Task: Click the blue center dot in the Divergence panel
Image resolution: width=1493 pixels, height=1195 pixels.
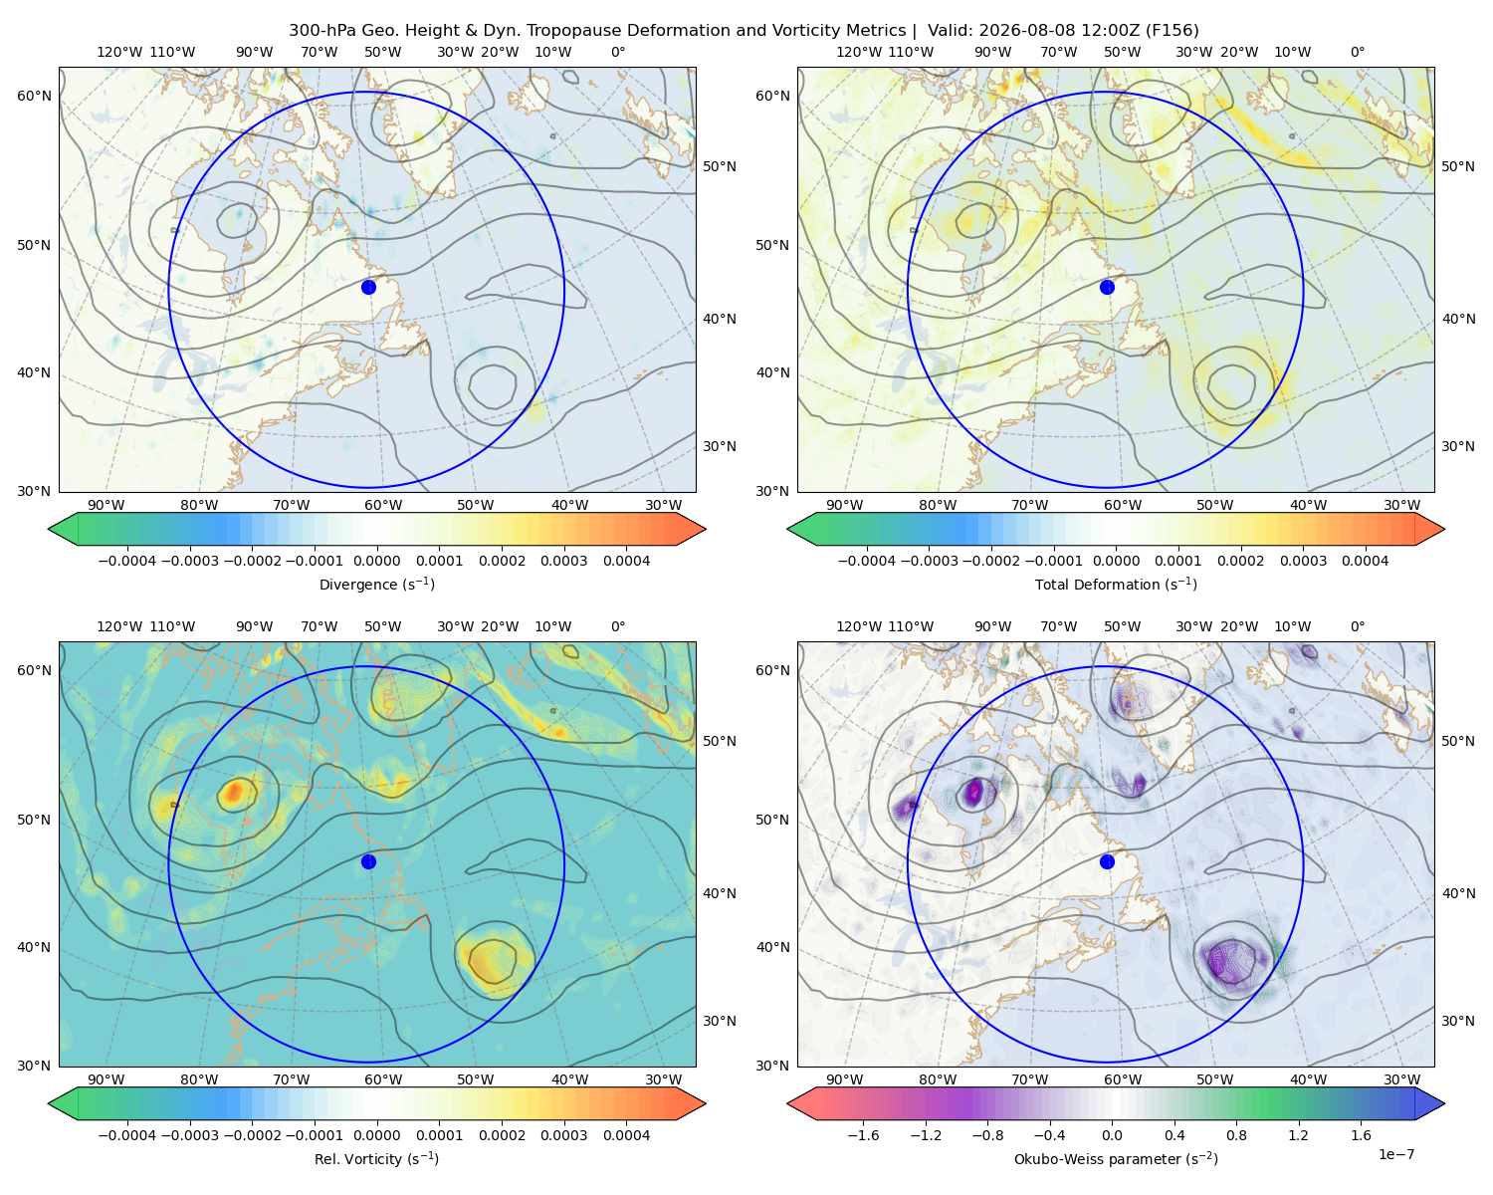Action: pyautogui.click(x=368, y=287)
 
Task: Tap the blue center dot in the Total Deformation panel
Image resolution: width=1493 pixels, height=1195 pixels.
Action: pyautogui.click(x=1107, y=287)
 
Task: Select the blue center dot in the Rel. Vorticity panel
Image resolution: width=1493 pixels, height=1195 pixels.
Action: pyautogui.click(x=368, y=861)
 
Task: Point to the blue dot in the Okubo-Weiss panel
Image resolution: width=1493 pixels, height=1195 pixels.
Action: pyautogui.click(x=1107, y=861)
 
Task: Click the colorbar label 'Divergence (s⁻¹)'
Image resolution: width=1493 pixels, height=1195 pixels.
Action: pyautogui.click(x=376, y=584)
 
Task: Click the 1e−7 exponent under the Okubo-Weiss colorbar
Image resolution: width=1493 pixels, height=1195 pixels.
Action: pyautogui.click(x=1395, y=1154)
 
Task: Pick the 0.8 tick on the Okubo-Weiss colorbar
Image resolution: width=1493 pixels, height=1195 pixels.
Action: pyautogui.click(x=1236, y=1135)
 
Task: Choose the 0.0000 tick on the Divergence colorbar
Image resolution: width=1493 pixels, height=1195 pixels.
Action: pyautogui.click(x=376, y=561)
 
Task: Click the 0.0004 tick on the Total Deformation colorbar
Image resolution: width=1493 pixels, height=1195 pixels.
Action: pyautogui.click(x=1366, y=561)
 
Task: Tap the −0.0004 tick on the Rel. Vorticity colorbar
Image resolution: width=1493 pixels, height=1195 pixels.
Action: pyautogui.click(x=127, y=1135)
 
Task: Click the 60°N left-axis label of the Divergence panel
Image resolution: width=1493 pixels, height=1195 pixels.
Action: pyautogui.click(x=34, y=96)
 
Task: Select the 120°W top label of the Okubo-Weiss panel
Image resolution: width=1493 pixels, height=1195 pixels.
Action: pyautogui.click(x=858, y=626)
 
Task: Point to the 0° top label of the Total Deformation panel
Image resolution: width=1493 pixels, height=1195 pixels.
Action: pyautogui.click(x=1357, y=52)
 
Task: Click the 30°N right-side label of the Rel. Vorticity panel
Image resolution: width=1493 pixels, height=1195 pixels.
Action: pyautogui.click(x=720, y=1021)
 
